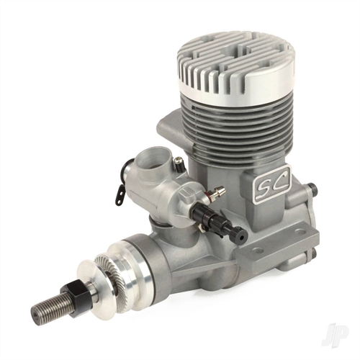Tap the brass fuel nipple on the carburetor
click(213, 192)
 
